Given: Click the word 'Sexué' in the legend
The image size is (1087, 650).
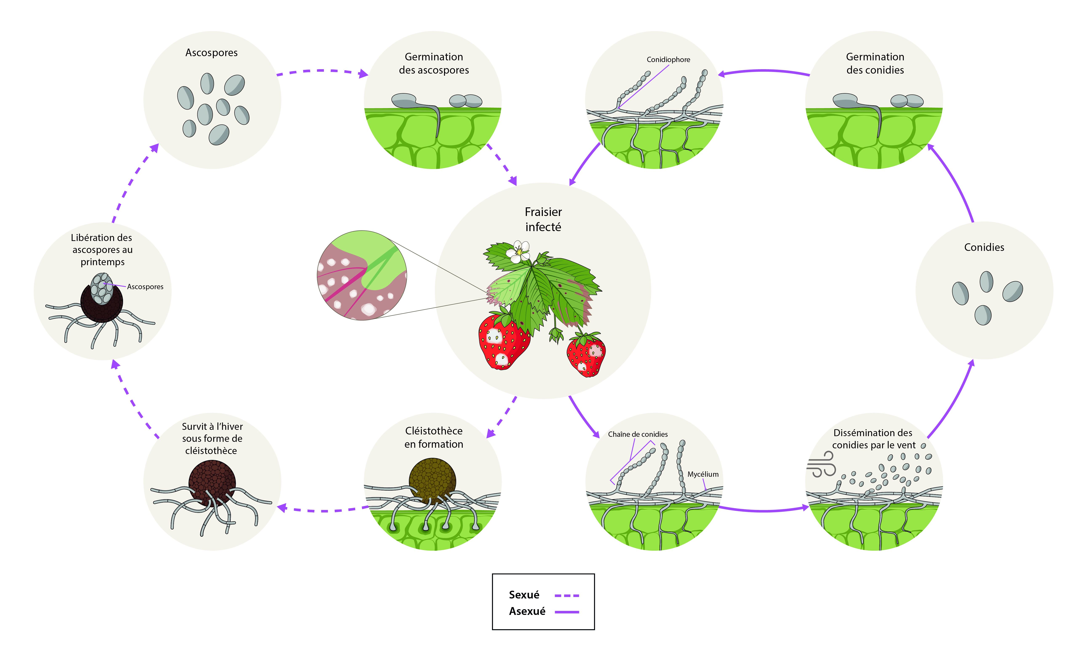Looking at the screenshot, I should click(524, 595).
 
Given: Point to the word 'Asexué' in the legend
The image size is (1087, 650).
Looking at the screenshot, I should click(527, 612).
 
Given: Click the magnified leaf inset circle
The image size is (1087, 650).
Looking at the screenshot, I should click(362, 275).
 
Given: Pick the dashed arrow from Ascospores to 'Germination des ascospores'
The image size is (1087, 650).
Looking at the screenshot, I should click(322, 71).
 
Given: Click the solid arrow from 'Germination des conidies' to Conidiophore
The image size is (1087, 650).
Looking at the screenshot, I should click(764, 71).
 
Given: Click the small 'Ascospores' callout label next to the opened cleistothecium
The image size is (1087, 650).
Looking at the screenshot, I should click(145, 287).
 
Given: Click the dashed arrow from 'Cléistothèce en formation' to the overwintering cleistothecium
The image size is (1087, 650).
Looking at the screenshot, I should click(322, 510).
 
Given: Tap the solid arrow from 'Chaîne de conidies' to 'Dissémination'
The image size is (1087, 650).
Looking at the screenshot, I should click(764, 510).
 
